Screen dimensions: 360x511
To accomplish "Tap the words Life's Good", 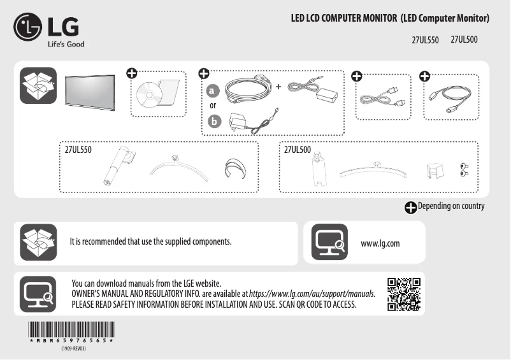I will click(x=66, y=45).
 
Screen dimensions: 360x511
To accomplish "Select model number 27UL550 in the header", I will click(x=426, y=41).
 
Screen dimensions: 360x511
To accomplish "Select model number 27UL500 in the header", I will click(x=464, y=40).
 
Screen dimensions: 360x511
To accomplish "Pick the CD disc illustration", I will click(x=149, y=95).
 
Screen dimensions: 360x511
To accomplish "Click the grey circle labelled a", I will click(x=213, y=90).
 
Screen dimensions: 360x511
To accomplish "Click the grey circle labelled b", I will click(x=213, y=120).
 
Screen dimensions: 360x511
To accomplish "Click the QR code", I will click(x=403, y=294).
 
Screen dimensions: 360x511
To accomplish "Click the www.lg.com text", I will click(x=380, y=243).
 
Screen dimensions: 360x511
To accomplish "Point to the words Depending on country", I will click(x=451, y=206).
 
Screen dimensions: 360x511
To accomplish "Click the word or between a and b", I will click(x=213, y=105).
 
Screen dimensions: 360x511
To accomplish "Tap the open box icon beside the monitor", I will click(x=38, y=85).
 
